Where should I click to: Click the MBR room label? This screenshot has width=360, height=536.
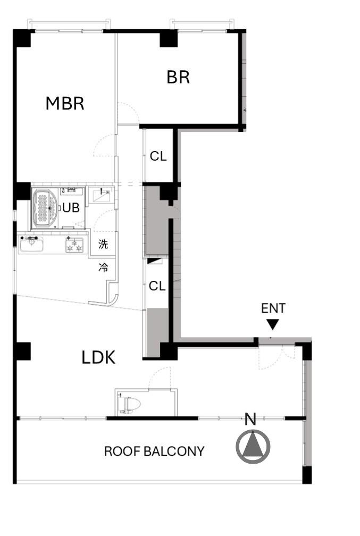(65, 103)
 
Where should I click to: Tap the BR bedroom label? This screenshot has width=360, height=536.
(178, 77)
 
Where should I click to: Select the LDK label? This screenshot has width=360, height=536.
(98, 357)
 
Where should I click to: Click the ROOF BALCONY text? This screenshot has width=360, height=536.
(154, 451)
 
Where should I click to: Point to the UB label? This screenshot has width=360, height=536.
(71, 207)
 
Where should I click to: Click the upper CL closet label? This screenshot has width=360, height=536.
(158, 156)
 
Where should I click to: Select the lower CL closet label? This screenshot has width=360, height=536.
(157, 286)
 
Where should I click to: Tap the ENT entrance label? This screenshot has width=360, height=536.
(273, 308)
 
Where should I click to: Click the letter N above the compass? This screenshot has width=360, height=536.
(250, 419)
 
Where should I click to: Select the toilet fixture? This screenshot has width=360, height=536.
(130, 405)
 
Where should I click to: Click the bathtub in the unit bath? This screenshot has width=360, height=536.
(46, 208)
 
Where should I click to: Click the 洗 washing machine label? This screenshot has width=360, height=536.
(103, 244)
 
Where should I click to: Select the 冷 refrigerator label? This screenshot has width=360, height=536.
(103, 267)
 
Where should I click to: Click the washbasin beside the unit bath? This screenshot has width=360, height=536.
(102, 196)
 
